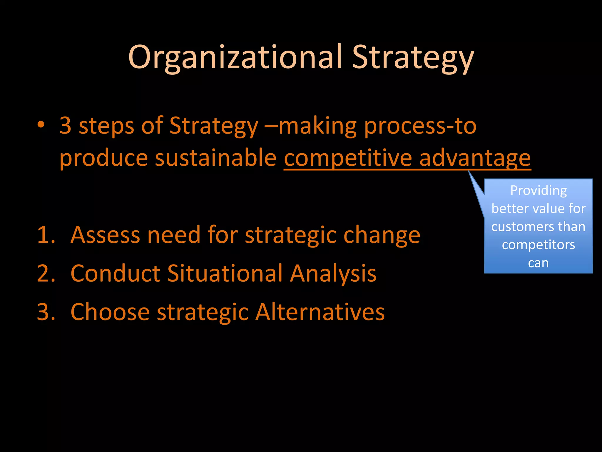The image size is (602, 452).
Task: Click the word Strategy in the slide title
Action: click(x=413, y=57)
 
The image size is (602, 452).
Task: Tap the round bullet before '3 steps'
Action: click(x=41, y=125)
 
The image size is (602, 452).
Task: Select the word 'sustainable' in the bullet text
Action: click(x=215, y=158)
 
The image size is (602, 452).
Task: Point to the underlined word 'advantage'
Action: click(x=475, y=158)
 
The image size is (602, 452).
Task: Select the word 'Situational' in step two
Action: click(x=225, y=273)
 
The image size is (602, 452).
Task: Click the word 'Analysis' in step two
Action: click(x=333, y=273)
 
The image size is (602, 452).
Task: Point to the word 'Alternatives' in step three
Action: click(x=320, y=312)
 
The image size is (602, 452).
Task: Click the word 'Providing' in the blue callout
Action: click(x=538, y=190)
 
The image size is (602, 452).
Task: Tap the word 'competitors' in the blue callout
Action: click(x=538, y=245)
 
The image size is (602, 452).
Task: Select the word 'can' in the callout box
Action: click(x=538, y=263)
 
